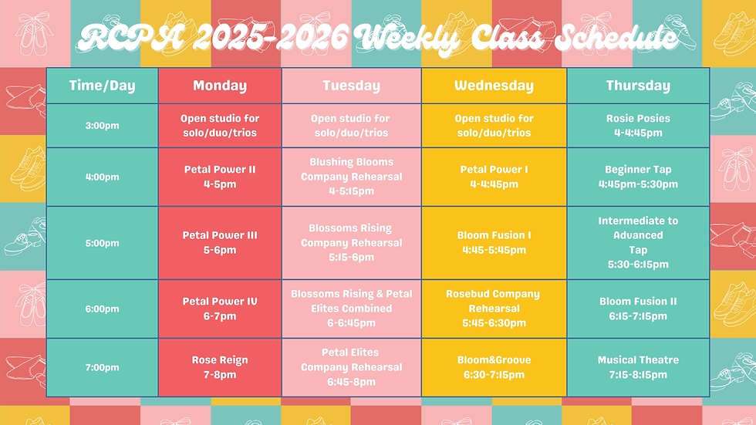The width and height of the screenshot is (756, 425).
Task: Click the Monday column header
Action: [220, 86]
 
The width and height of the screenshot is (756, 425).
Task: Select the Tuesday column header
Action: [351, 86]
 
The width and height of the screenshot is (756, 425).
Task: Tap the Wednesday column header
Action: [494, 86]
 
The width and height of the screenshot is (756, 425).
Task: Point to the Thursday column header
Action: [638, 86]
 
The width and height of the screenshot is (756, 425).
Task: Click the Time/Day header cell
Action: [102, 86]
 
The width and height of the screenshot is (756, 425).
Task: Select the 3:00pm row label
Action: [102, 126]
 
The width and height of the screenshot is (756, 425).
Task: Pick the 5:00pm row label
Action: [102, 243]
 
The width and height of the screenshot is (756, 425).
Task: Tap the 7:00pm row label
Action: [102, 367]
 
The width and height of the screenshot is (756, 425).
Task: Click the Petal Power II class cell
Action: [220, 177]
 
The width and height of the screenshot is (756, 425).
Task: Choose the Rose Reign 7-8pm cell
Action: [220, 367]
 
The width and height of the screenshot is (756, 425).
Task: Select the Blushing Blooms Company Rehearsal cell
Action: [351, 177]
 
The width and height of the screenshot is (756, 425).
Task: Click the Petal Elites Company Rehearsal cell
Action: [351, 367]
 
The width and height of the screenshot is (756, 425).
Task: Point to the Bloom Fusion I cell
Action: [494, 242]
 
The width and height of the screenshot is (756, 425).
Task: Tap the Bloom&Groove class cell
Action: [494, 367]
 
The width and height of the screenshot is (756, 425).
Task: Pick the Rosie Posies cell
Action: [638, 126]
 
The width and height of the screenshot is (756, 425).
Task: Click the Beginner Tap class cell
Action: [638, 177]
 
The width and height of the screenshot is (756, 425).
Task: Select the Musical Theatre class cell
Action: [638, 367]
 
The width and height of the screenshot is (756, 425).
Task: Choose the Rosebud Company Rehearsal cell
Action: [494, 309]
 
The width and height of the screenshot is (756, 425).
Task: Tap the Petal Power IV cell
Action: [220, 309]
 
